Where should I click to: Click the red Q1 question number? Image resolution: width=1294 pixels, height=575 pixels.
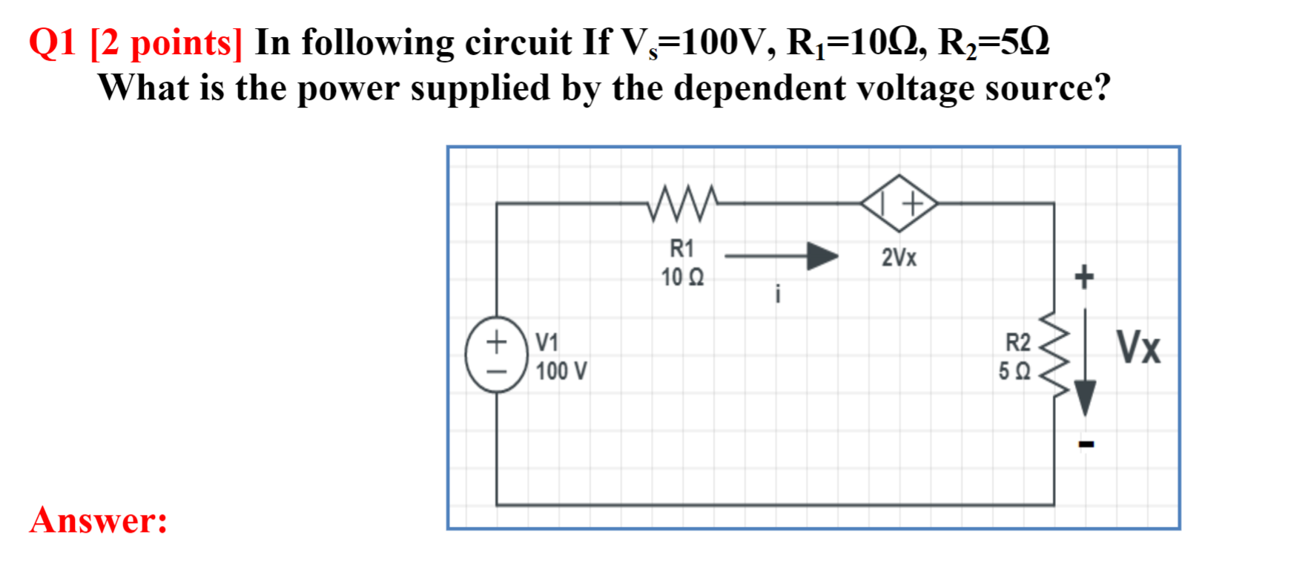coord(53,43)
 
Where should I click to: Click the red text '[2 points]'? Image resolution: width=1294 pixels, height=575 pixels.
coord(165,43)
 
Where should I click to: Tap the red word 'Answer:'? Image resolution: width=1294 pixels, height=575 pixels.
coord(99,519)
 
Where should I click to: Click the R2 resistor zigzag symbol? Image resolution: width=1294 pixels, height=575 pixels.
coord(1054,354)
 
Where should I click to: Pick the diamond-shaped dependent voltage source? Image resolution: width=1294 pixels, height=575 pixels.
coord(899,203)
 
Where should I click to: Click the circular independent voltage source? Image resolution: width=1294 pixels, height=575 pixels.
coord(496,354)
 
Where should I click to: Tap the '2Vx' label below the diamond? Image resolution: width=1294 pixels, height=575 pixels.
coord(899,257)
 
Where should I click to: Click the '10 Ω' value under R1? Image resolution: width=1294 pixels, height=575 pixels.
coord(682,277)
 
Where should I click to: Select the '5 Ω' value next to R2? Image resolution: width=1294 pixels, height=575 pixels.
coord(1014,371)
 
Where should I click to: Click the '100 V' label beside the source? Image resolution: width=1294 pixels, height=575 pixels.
coord(561,371)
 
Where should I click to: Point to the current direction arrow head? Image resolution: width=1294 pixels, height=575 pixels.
coord(822,256)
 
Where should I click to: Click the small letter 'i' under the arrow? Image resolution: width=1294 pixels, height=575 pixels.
coord(777,294)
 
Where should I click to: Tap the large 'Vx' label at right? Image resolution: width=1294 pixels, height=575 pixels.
coord(1138,346)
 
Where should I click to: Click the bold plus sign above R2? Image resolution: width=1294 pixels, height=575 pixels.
coord(1084,277)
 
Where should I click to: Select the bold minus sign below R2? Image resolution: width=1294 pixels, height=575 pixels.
coord(1086,444)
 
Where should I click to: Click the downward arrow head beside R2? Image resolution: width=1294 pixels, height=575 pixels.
coord(1085,398)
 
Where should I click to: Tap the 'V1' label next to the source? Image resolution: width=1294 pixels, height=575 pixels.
coord(547,342)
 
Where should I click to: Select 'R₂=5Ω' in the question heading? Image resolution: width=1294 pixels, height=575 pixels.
coord(994,43)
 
